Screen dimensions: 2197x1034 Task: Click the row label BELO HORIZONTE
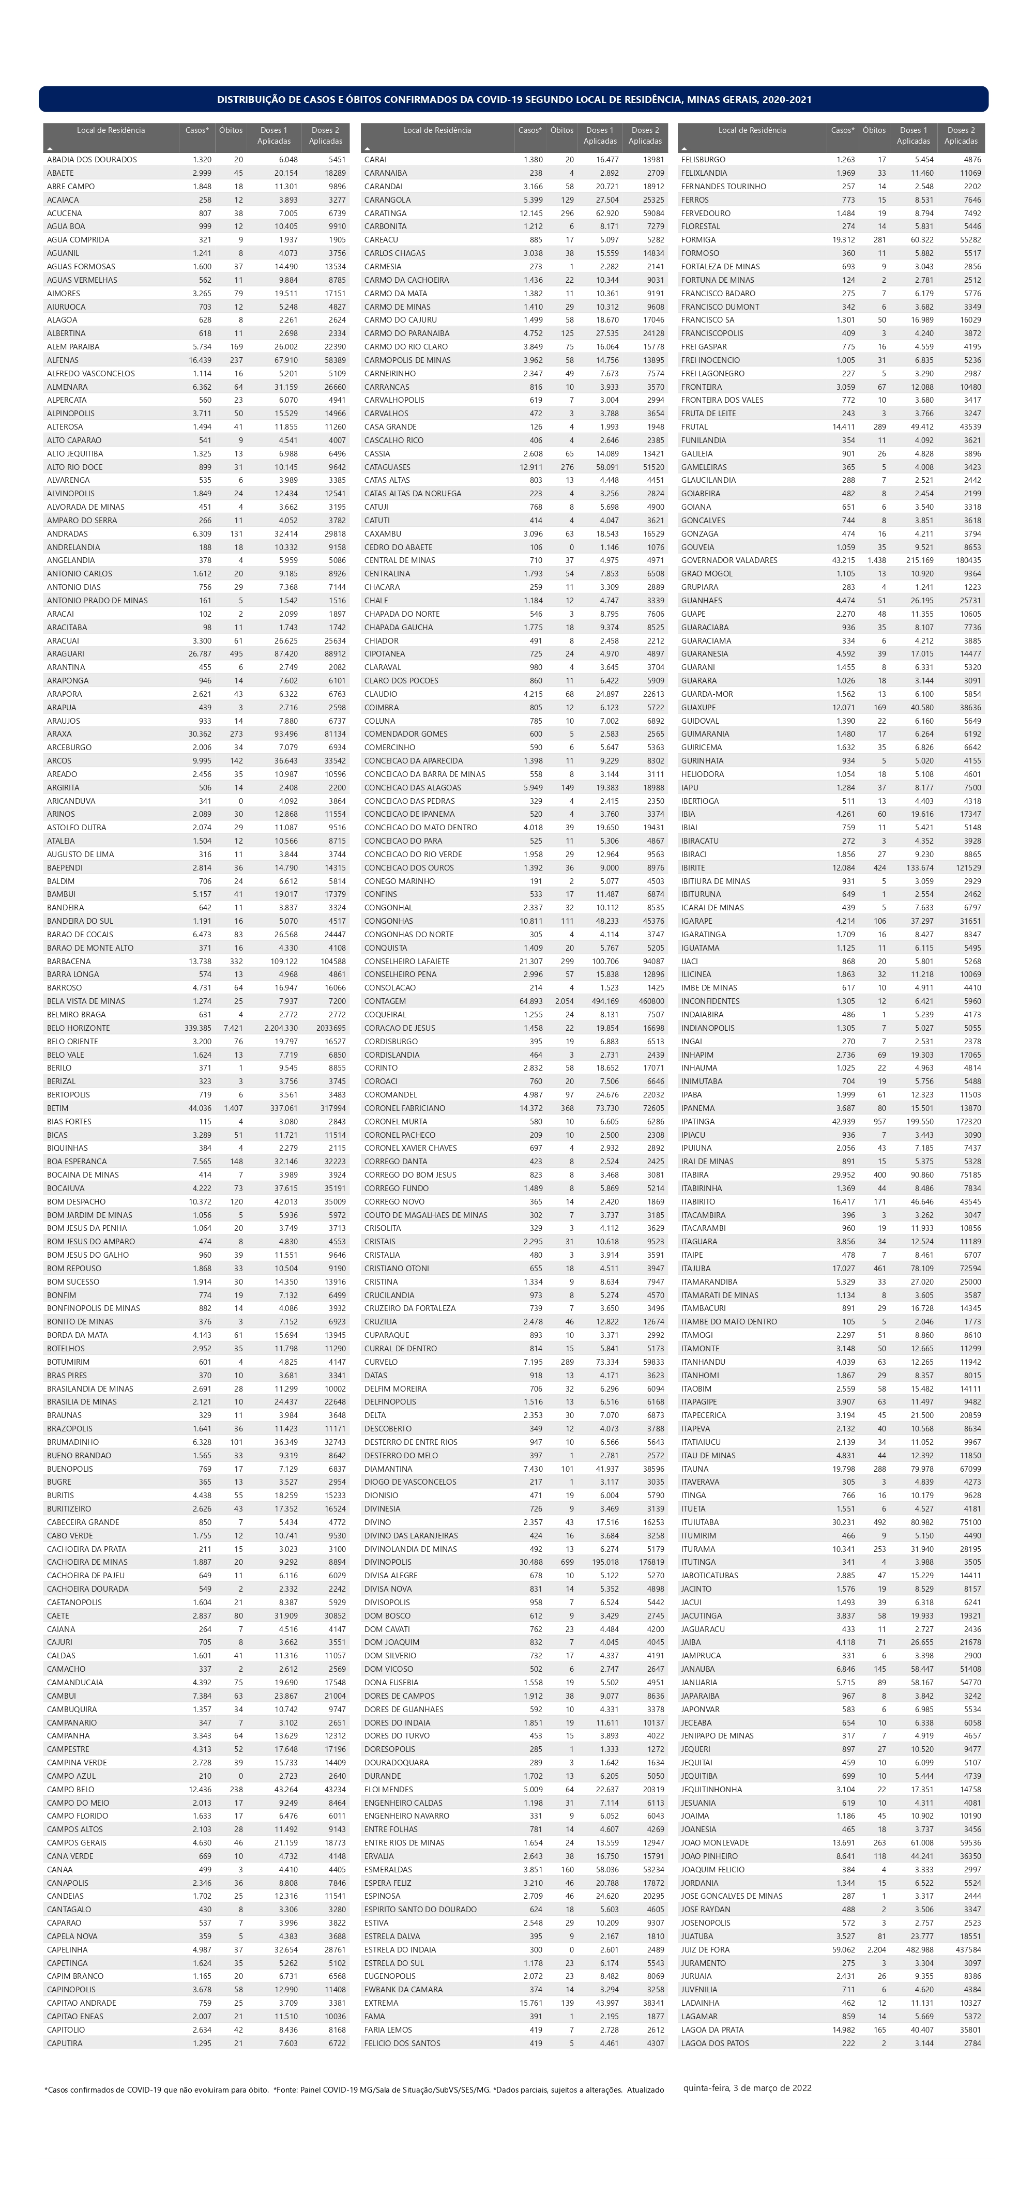click(79, 1028)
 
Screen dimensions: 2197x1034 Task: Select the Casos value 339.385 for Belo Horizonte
click(197, 1028)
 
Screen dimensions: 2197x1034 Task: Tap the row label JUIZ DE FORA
click(706, 1949)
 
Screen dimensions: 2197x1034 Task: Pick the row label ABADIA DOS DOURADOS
click(92, 160)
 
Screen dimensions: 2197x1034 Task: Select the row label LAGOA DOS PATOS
click(715, 2042)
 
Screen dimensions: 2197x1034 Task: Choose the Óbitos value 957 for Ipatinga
click(879, 1122)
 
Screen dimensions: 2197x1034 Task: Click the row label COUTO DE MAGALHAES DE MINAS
click(425, 1214)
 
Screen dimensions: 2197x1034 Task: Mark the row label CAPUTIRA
click(65, 2042)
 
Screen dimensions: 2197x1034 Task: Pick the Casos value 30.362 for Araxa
click(200, 734)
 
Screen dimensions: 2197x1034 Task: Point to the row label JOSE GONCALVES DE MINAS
click(731, 1895)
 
